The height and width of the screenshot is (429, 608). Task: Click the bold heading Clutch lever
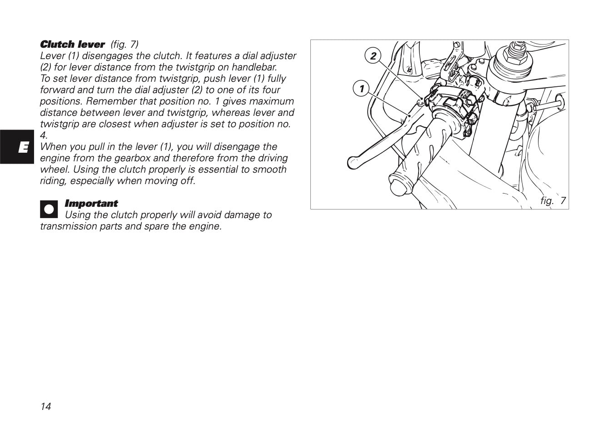pyautogui.click(x=72, y=45)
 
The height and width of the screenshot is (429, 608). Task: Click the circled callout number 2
pyautogui.click(x=373, y=56)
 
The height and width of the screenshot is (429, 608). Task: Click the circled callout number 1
pyautogui.click(x=361, y=89)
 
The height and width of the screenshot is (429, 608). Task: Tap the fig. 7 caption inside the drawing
pyautogui.click(x=553, y=200)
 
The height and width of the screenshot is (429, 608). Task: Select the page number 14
pyautogui.click(x=45, y=406)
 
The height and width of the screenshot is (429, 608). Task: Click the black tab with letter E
pyautogui.click(x=17, y=147)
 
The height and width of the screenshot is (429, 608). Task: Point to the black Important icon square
pyautogui.click(x=49, y=209)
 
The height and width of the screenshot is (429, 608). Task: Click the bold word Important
pyautogui.click(x=91, y=204)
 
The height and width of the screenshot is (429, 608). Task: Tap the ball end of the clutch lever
pyautogui.click(x=353, y=161)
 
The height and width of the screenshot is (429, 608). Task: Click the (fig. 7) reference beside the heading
pyautogui.click(x=124, y=45)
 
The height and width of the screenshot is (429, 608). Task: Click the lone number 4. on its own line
pyautogui.click(x=44, y=135)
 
